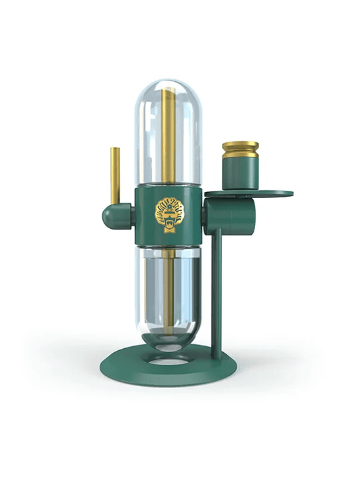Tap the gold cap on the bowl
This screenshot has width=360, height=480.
(x=240, y=151)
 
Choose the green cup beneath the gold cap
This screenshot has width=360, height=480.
(x=240, y=174)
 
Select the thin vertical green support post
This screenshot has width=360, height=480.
(x=216, y=289)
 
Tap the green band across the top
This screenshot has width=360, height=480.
(x=180, y=30)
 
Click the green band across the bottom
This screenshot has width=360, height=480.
(x=180, y=450)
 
